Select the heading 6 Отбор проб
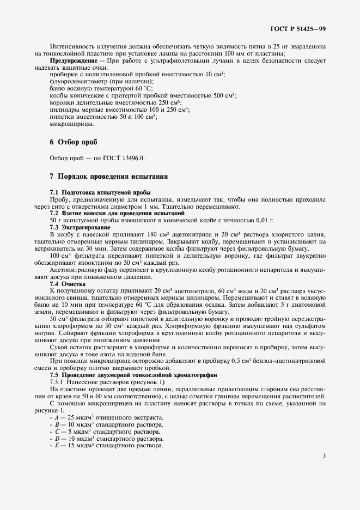74,142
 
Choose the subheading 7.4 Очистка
68,284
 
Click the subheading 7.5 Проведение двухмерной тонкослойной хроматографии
133,375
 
